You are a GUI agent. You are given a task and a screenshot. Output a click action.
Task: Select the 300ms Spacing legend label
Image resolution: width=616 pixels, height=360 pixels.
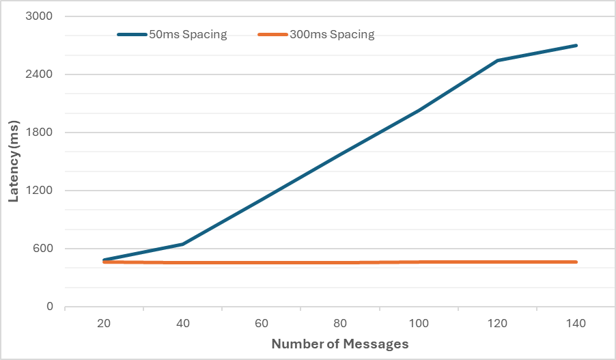point(331,35)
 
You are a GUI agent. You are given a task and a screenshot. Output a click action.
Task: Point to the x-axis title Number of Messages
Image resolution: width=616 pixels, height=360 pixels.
point(340,344)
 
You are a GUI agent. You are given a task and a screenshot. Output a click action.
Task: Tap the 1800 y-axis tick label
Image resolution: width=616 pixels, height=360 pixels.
point(40,133)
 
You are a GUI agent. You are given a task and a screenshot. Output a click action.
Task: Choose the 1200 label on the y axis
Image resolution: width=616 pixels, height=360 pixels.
point(40,191)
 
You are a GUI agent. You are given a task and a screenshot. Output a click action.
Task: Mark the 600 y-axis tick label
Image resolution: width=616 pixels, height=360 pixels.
point(42,249)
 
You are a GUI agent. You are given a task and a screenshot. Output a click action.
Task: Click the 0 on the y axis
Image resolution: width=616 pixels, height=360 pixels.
point(49,307)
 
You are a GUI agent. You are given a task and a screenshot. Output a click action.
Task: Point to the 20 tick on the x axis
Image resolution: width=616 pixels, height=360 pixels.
point(104,323)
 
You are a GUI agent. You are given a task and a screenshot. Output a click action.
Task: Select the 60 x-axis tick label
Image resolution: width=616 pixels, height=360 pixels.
point(262,323)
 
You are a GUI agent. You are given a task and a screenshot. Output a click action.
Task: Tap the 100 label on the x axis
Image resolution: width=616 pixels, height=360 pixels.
point(419,323)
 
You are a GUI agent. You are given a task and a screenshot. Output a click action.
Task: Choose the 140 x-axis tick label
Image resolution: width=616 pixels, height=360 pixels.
point(576,323)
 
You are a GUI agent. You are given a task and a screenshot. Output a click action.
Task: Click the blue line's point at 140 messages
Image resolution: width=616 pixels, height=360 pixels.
point(576,45)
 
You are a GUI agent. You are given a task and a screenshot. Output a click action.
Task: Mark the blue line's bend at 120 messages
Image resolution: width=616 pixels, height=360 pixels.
point(498,60)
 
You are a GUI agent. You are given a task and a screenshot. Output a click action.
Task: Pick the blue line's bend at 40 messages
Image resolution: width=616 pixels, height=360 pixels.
point(183,244)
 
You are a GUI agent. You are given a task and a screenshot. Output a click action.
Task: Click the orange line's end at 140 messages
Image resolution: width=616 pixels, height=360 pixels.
point(576,262)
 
